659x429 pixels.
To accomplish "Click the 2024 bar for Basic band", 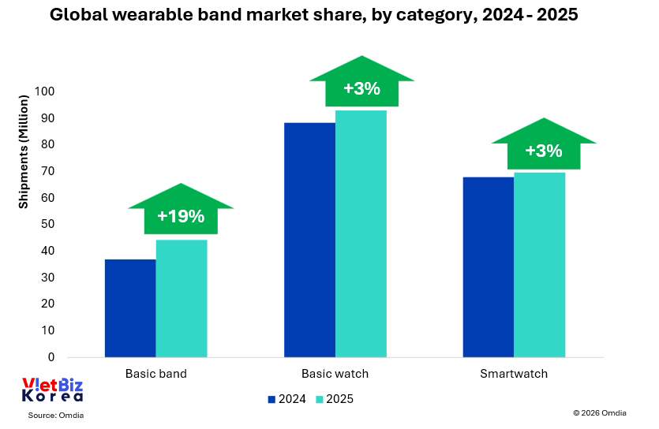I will [x=130, y=308].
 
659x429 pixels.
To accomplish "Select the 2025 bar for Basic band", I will [x=182, y=298].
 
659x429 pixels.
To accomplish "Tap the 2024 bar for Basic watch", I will [x=309, y=240].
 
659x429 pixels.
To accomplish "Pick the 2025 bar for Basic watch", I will [x=361, y=233].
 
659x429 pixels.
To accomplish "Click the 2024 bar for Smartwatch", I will [x=488, y=267].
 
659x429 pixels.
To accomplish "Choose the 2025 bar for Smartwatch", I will [x=540, y=264].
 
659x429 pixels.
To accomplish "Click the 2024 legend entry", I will [x=287, y=399].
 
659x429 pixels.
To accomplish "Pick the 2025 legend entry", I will [x=335, y=399].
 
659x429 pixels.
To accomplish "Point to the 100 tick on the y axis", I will [x=44, y=91].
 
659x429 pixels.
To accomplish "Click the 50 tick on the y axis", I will [x=47, y=224].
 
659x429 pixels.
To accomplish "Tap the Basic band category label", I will [x=156, y=373].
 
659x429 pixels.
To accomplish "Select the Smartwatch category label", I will [x=514, y=373].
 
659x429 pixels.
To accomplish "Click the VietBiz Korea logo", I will [x=51, y=390].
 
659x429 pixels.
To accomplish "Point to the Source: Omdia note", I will [x=55, y=415].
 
